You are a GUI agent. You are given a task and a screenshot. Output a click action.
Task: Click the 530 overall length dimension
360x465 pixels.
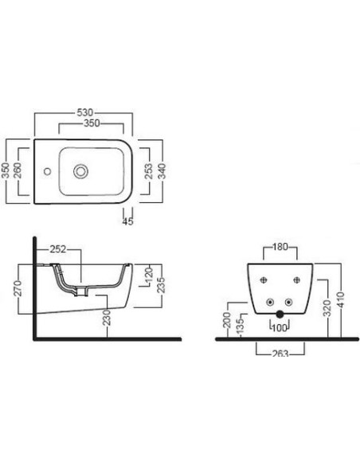pos(84,113)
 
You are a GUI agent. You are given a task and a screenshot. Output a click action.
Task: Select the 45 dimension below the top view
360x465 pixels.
pos(127,221)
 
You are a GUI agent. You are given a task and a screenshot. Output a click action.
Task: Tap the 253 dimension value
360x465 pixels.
pos(148,171)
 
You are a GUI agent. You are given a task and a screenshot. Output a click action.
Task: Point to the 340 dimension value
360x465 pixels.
pos(162,171)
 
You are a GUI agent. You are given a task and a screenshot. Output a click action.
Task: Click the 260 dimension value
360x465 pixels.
pos(18,170)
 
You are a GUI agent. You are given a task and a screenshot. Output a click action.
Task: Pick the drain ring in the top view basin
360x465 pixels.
pos(80,171)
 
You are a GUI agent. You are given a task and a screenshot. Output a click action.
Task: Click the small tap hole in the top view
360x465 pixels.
pos(47,171)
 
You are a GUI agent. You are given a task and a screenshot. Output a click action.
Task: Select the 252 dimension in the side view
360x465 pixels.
pos(58,249)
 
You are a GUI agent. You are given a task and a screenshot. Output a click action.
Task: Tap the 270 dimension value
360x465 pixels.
pos(18,288)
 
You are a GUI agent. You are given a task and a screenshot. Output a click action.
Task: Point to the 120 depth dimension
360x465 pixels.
pos(149,275)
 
